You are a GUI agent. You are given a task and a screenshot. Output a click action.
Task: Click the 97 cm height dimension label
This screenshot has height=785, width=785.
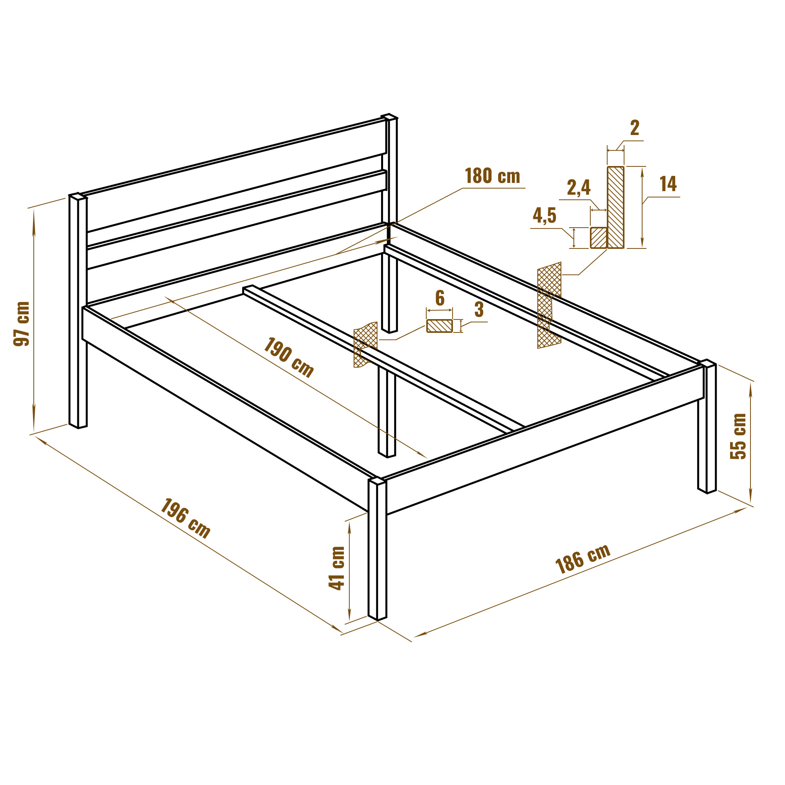coord(22,324)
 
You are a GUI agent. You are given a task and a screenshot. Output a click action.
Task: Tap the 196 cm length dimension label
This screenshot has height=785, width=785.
coord(186,518)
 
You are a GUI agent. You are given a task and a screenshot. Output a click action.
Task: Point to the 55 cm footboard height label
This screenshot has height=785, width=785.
coord(738,436)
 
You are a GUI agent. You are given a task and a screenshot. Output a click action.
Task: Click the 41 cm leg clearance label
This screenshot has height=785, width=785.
coord(336,568)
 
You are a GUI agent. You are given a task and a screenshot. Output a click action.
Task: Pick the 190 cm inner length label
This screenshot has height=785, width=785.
coord(289,357)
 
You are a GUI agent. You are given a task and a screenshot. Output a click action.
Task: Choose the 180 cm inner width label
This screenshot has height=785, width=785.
coord(493,176)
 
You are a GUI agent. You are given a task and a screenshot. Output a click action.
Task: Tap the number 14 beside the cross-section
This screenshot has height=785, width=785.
coord(668,184)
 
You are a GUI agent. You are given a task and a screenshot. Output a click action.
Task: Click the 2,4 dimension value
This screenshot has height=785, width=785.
coord(579,187)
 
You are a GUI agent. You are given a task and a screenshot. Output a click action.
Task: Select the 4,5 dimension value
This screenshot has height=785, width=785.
coord(544,215)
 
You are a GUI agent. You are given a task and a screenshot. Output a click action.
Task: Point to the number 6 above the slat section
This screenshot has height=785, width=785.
coord(440,298)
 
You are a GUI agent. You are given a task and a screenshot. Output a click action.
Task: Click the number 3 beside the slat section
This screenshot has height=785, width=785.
coord(479,310)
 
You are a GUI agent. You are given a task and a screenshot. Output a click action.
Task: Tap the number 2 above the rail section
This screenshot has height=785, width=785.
coord(635,128)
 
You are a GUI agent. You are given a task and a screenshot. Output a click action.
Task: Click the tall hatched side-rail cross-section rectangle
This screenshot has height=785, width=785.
coord(615,207)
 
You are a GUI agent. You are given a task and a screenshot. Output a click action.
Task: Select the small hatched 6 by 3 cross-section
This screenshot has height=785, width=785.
coord(439,326)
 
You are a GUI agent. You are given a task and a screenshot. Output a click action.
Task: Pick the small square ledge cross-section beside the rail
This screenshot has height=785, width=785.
coord(599,238)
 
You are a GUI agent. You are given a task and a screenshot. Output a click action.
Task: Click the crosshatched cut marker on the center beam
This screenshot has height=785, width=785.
coord(365,345)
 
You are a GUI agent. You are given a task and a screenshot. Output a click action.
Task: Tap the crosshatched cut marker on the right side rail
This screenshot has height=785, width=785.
coord(549,305)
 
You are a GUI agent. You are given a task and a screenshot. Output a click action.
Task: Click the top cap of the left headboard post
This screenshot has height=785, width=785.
coord(78,196)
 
